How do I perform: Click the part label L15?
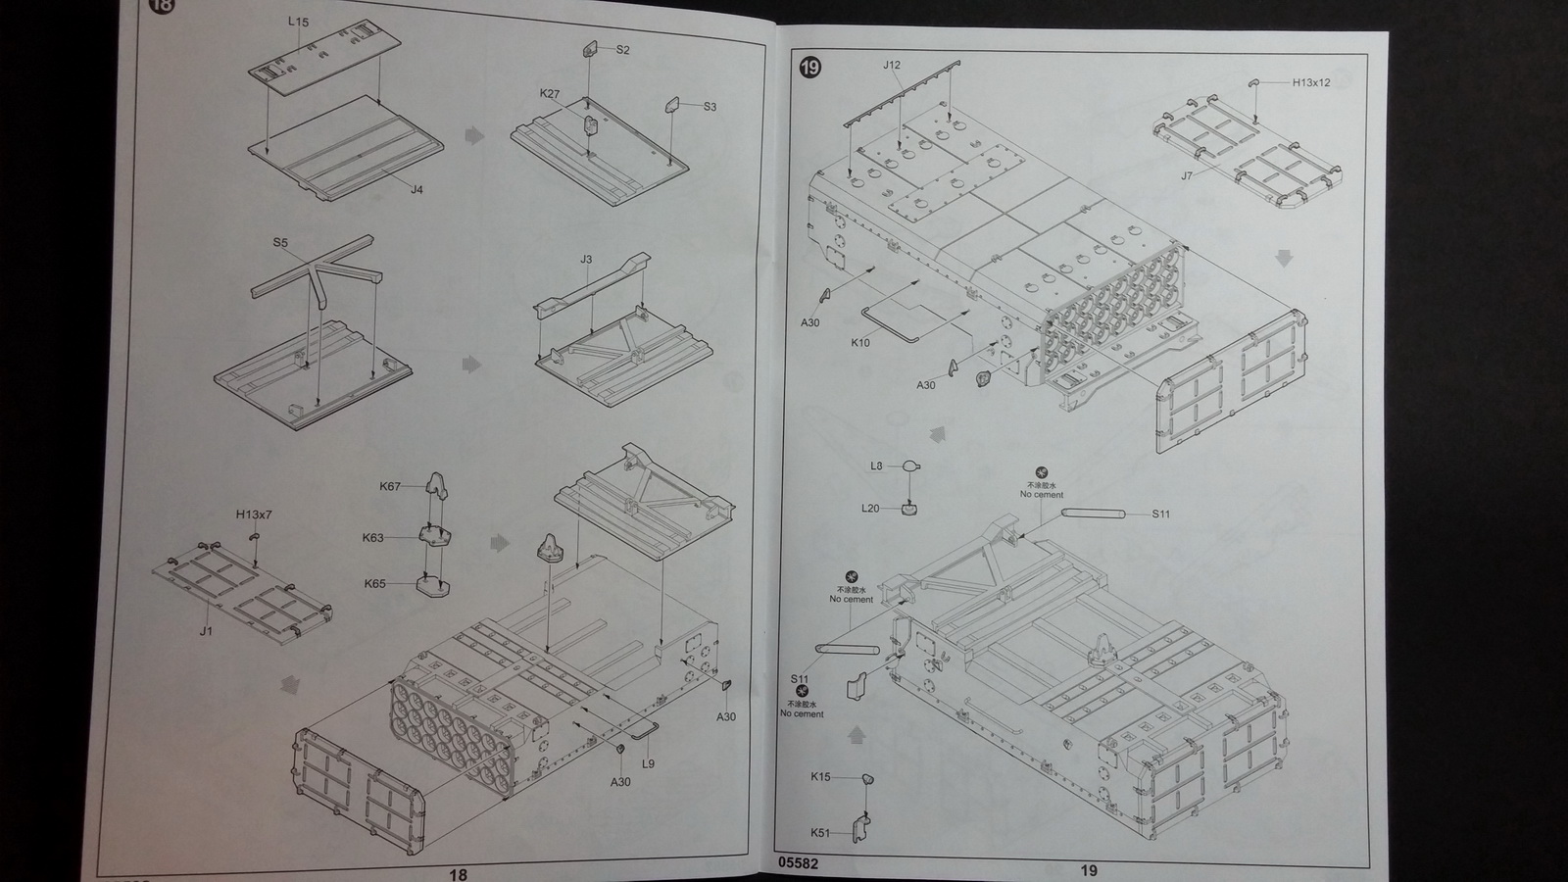click(298, 22)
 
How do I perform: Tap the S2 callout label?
click(623, 50)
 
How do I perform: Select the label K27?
click(550, 94)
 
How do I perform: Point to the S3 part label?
click(710, 106)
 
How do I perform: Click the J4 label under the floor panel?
click(416, 190)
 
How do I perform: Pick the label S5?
click(280, 242)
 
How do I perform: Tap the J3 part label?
click(586, 260)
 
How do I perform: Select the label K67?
click(389, 486)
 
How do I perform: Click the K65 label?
click(374, 584)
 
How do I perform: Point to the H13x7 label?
click(253, 514)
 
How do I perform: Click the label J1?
click(206, 631)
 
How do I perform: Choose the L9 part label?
click(648, 763)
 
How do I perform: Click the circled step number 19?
click(810, 68)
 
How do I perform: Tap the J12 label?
click(891, 66)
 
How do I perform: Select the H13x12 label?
click(1311, 83)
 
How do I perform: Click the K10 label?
click(859, 343)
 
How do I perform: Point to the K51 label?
click(819, 833)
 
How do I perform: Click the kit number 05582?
click(798, 864)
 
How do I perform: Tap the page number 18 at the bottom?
click(458, 874)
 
